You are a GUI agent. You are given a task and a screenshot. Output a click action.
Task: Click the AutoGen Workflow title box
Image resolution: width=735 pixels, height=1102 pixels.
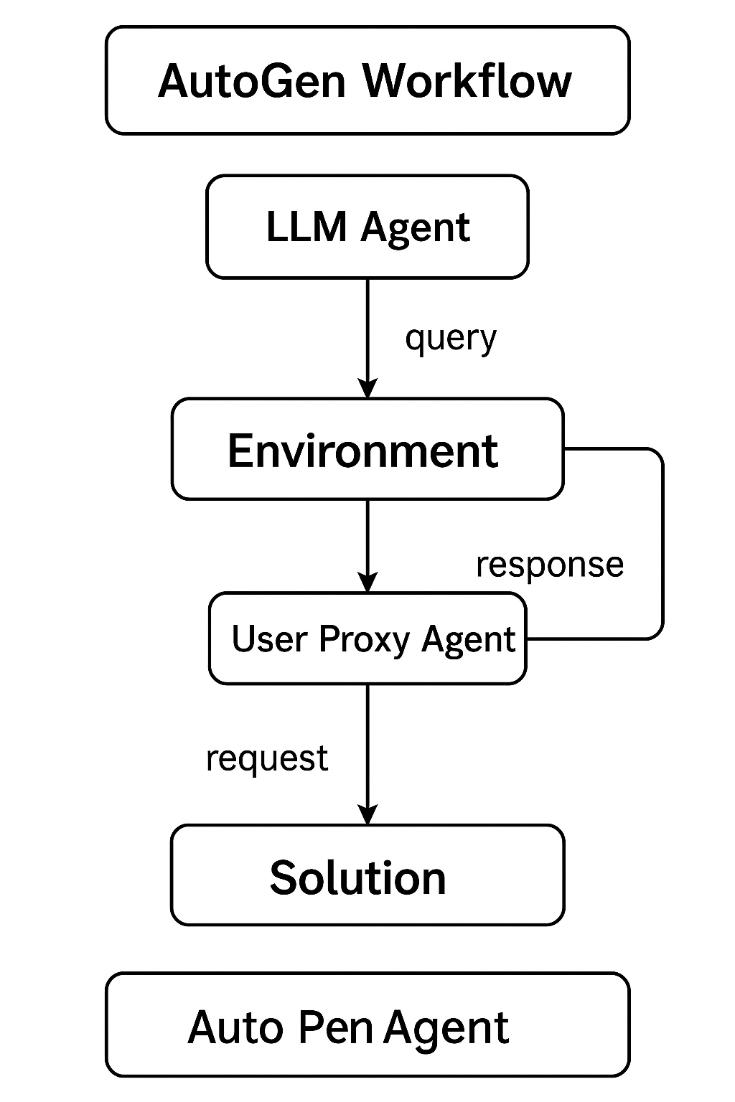pos(367,80)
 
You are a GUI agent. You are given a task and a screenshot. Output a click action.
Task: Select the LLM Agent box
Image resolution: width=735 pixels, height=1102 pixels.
pos(367,227)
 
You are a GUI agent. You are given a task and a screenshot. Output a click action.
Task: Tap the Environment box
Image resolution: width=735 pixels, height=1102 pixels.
pos(367,449)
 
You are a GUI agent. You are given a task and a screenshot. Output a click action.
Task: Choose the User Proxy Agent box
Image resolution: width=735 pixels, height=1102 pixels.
pos(367,638)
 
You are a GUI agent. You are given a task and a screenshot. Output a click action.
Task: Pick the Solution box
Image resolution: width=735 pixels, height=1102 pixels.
pos(367,875)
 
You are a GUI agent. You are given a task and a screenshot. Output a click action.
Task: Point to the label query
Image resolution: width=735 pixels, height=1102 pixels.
pos(450,338)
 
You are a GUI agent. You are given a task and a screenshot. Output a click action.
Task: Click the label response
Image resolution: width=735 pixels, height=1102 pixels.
pos(549,565)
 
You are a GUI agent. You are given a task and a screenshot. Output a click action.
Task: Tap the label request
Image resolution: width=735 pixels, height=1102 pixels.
pos(267,758)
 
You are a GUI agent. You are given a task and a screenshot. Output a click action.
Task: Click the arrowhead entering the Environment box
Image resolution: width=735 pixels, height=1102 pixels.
pos(367,388)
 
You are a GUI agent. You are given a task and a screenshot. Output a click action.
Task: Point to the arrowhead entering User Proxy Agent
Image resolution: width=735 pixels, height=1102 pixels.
pos(367,583)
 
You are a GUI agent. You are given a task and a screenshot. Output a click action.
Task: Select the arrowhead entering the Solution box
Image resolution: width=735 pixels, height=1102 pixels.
pos(367,815)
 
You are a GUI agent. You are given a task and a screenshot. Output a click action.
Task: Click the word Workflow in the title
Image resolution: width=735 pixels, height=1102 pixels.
pos(467,80)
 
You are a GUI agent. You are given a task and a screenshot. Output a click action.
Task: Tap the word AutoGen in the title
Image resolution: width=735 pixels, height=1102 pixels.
pos(251,80)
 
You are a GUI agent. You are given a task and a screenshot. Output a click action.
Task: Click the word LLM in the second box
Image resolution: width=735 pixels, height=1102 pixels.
pos(306,227)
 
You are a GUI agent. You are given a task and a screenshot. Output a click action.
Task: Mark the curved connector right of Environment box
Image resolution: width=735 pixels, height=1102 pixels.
pos(662,543)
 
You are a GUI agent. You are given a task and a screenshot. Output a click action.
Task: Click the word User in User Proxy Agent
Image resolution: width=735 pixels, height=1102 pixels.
pos(269,639)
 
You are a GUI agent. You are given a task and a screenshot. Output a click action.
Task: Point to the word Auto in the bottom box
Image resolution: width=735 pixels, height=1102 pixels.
pos(235,1027)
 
